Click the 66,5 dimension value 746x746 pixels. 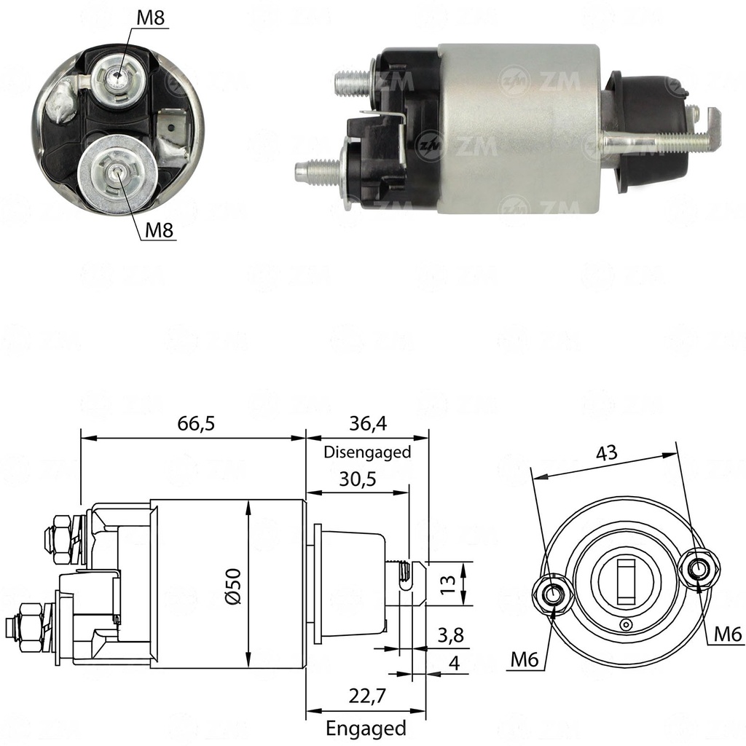click(x=196, y=423)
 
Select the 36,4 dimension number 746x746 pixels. click(x=368, y=423)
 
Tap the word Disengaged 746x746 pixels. click(x=367, y=452)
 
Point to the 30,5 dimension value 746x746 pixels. click(x=357, y=479)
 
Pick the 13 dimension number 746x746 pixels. click(x=447, y=584)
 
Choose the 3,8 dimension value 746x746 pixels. click(x=450, y=635)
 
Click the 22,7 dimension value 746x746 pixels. click(x=367, y=696)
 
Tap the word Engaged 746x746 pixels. click(x=366, y=729)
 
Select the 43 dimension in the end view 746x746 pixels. click(x=607, y=452)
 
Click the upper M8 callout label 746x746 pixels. click(x=150, y=18)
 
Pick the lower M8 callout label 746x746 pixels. click(x=159, y=230)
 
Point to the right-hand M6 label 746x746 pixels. click(x=728, y=635)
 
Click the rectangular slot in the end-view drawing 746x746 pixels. click(x=625, y=582)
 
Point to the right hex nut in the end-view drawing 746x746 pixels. click(x=699, y=570)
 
